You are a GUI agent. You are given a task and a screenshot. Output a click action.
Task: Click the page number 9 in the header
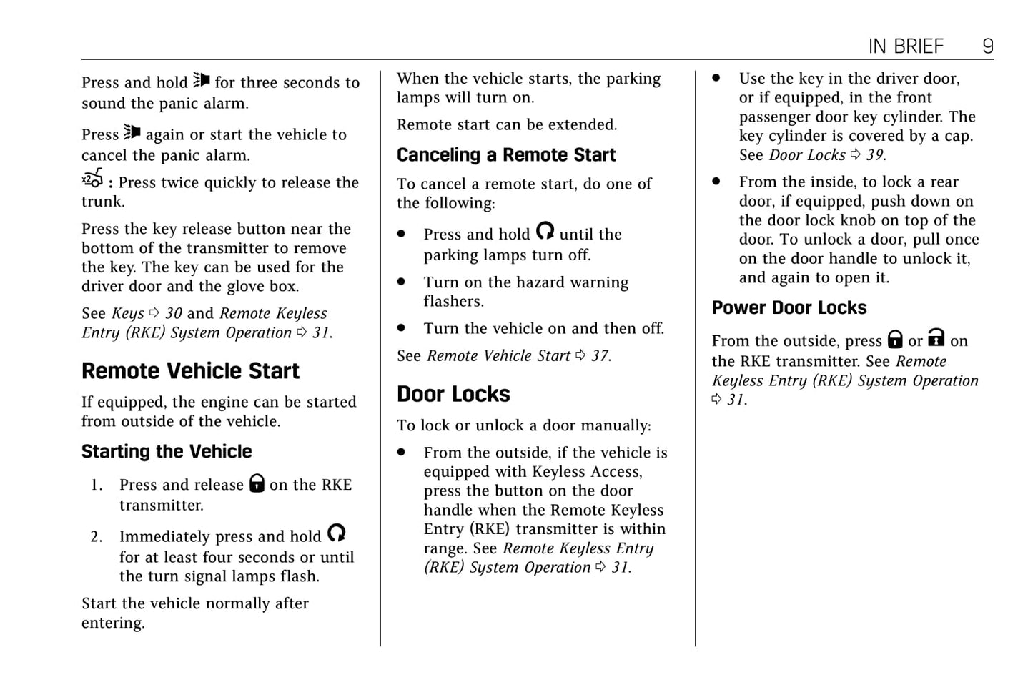(x=987, y=46)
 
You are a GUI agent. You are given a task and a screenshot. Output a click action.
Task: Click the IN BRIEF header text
(x=906, y=46)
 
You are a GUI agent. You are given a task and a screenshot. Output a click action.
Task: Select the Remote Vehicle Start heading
(x=190, y=371)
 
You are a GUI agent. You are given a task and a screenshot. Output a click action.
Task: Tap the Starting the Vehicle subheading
(x=167, y=452)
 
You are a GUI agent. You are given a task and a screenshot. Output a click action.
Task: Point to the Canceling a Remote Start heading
(x=505, y=155)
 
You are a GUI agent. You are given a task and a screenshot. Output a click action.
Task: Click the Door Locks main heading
(x=453, y=394)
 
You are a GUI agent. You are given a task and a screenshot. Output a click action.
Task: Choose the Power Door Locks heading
(x=789, y=308)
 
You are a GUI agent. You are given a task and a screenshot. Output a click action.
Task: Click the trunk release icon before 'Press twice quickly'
(x=92, y=179)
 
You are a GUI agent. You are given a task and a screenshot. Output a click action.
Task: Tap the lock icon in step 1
(x=257, y=483)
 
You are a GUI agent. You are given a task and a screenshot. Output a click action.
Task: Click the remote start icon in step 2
(x=336, y=533)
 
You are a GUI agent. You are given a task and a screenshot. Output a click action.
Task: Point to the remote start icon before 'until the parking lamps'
(x=545, y=231)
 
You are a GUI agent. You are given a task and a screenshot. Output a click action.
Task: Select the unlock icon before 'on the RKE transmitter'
(x=936, y=337)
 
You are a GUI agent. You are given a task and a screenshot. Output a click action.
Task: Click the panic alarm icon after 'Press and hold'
(x=202, y=80)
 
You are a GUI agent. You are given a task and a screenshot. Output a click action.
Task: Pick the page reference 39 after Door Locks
(x=875, y=155)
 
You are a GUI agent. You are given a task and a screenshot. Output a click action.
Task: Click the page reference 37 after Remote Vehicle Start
(x=600, y=356)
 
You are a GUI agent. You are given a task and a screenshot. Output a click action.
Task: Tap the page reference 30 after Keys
(x=174, y=313)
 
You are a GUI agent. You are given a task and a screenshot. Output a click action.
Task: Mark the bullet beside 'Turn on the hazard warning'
(x=402, y=282)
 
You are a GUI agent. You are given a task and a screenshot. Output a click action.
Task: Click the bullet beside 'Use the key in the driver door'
(x=716, y=79)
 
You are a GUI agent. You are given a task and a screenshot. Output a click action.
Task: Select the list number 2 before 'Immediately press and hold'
(x=97, y=537)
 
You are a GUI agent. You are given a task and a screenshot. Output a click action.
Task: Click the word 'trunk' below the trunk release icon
(x=102, y=202)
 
